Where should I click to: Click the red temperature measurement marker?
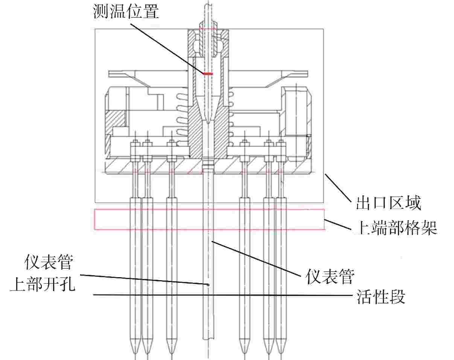tap(207, 74)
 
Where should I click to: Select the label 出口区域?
tap(388, 204)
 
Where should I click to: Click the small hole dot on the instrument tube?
tap(208, 284)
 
